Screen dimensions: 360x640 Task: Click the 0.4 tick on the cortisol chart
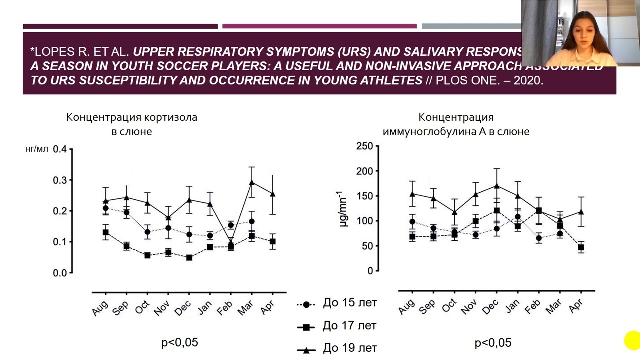tap(60, 149)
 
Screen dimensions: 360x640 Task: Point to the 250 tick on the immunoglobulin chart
tap(364, 146)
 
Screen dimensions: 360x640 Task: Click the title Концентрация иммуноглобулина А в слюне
tap(456, 125)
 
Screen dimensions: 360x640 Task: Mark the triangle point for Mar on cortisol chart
tap(252, 182)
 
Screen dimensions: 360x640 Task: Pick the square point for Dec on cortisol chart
tap(189, 258)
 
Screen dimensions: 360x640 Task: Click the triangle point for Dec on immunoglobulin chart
tap(496, 186)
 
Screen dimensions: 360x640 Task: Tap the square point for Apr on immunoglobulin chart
tap(581, 247)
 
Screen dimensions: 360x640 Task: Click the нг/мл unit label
tap(37, 149)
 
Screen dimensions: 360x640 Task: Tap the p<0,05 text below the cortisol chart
tap(179, 342)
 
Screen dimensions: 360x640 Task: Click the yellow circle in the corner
tap(632, 341)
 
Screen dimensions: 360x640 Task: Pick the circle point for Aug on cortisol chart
tap(106, 208)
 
